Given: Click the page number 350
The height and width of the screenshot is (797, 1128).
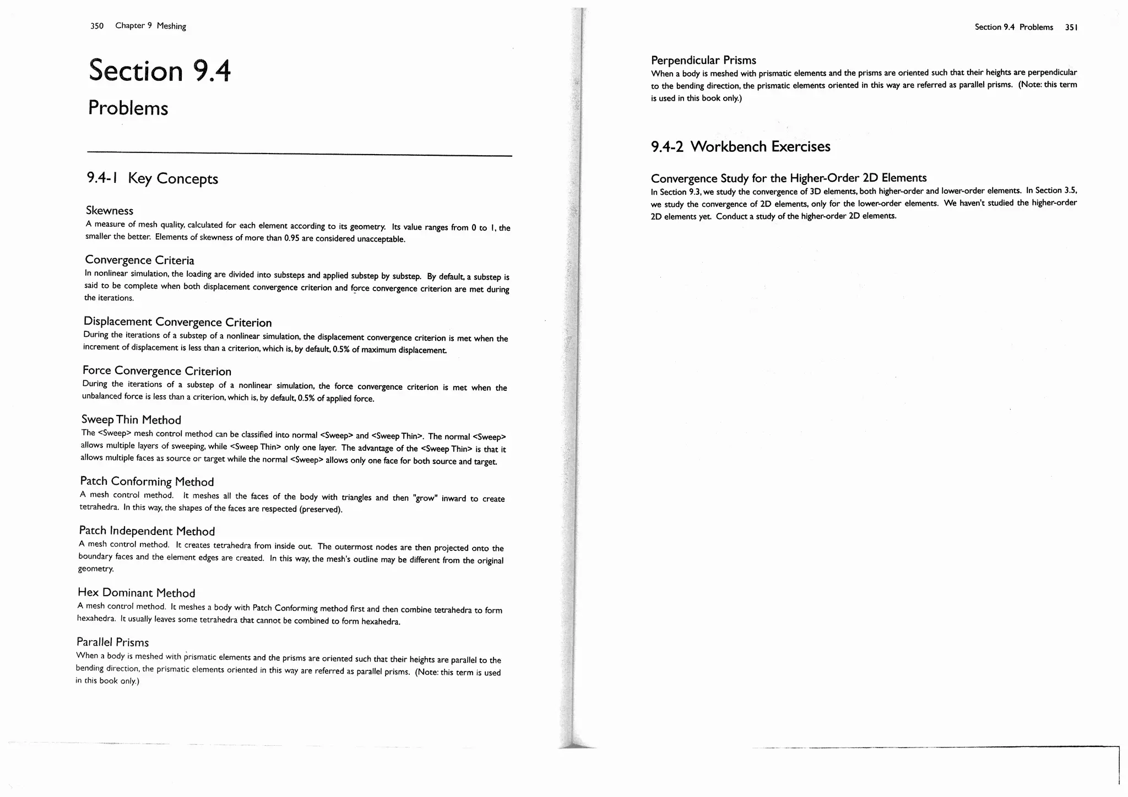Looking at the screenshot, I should coord(96,26).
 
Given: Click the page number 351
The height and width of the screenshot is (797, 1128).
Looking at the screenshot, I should coord(1071,27).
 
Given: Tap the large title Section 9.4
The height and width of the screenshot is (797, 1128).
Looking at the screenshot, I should coord(160,70).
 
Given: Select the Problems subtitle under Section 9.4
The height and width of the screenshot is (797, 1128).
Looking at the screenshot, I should coord(128,108).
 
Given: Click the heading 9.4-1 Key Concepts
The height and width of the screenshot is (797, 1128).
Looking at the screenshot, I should coord(152,178).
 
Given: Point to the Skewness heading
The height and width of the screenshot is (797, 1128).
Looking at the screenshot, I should coord(109,210).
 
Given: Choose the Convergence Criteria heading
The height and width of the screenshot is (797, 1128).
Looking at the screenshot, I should coord(139,260).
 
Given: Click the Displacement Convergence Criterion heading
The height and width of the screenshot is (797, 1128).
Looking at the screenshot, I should coord(177,321).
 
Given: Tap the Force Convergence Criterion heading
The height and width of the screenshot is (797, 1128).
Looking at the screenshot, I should coord(156,370).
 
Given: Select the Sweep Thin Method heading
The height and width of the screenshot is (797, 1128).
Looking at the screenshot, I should coord(131,420).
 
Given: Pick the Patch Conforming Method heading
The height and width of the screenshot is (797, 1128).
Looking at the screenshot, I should coord(147,482).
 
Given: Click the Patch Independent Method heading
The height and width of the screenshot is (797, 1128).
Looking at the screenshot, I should coord(147,531).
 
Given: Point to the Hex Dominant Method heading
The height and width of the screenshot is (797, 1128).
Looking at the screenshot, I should coord(136,592).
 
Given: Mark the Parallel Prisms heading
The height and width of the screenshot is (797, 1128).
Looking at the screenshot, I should coord(112,642).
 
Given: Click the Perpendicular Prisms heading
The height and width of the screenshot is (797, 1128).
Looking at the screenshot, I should coord(703,60).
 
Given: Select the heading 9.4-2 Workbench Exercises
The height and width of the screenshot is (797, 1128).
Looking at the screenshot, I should coord(740,146).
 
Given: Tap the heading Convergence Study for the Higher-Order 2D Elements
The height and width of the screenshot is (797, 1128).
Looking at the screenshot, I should coord(788,178).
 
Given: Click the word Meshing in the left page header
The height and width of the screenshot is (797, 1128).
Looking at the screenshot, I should coord(171,26).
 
